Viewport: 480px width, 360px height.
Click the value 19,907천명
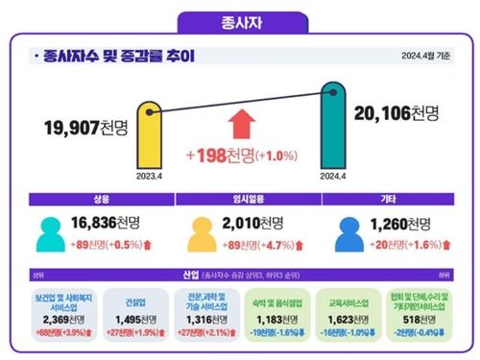pyautogui.click(x=86, y=127)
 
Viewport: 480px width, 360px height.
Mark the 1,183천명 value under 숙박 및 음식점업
pyautogui.click(x=278, y=320)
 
